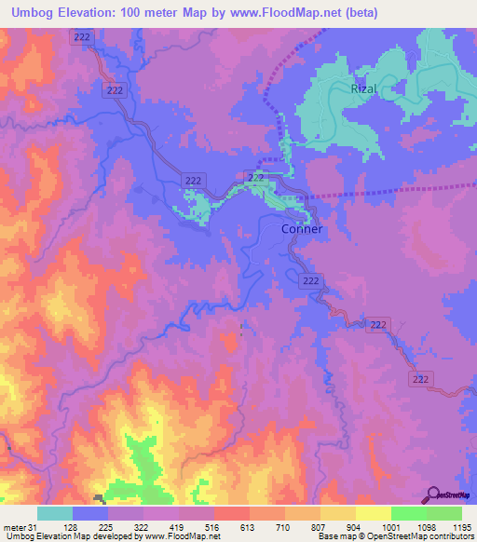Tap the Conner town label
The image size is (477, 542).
tap(302, 229)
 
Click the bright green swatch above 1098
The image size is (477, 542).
tap(408, 513)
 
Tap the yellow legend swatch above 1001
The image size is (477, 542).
tap(373, 513)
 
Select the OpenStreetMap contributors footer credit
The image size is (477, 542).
tap(419, 537)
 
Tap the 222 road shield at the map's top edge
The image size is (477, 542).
tap(83, 35)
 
